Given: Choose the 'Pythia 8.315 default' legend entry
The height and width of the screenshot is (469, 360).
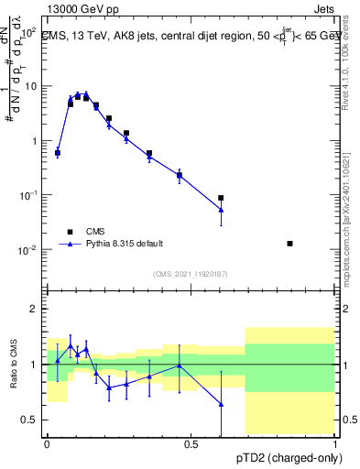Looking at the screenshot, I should [125, 244].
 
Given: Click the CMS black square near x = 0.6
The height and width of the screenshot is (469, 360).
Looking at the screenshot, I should [221, 198].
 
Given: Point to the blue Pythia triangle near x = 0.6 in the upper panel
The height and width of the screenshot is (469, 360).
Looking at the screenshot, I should [221, 210].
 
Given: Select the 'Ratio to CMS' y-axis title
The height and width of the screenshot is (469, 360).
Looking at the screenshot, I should [12, 365].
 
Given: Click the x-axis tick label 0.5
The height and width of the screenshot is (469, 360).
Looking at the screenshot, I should [191, 444].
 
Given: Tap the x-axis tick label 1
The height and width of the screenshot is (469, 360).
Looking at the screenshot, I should [336, 444].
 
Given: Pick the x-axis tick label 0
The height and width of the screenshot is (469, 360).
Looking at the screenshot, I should [47, 444].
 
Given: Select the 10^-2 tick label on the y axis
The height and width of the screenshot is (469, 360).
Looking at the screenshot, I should [27, 250].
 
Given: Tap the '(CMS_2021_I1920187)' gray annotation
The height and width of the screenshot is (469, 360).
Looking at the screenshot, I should [191, 274].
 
